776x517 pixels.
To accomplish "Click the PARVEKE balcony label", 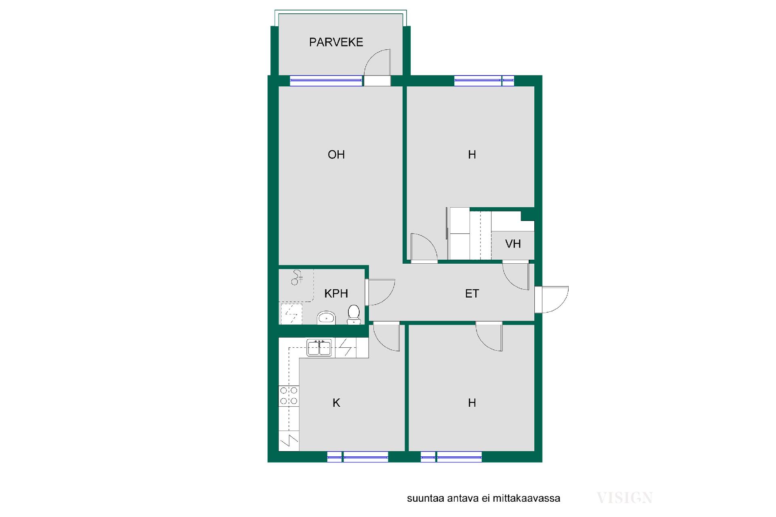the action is (336, 42).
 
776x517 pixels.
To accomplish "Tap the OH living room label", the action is (336, 154).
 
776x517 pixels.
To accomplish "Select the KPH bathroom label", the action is (336, 293).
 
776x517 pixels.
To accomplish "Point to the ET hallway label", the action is (472, 293).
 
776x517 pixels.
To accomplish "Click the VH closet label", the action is (513, 244).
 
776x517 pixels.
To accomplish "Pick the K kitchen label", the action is (336, 403).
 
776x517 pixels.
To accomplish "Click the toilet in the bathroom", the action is (354, 314).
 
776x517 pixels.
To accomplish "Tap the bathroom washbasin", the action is (326, 317).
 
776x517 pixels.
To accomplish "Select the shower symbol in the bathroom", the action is (298, 277).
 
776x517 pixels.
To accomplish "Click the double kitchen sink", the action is (319, 348).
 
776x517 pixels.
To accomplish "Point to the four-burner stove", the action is (289, 396).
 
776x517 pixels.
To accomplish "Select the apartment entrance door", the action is (552, 299).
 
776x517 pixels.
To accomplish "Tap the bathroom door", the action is (380, 292).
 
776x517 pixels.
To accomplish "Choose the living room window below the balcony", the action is (326, 81).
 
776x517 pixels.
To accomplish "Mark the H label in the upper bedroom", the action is (472, 154).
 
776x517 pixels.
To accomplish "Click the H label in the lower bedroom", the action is (472, 403).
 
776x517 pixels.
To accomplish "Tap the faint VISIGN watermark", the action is (624, 498).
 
